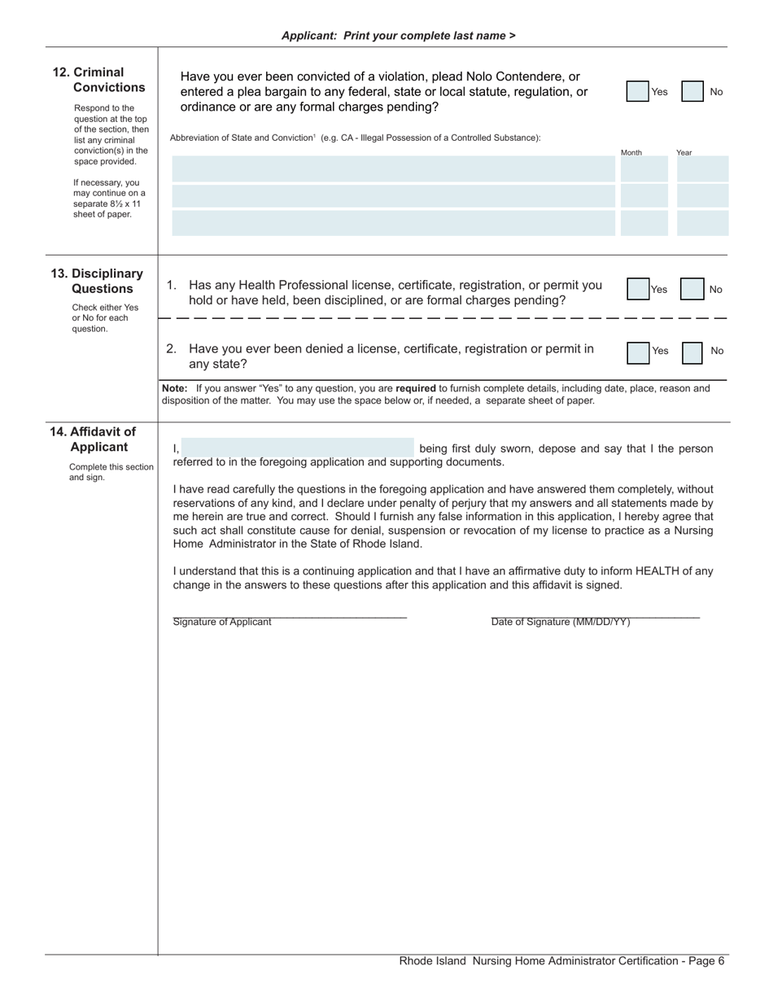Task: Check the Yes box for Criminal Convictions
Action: [637, 92]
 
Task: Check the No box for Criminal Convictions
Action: [692, 92]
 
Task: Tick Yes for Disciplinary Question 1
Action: [638, 289]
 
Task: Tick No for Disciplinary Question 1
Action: [692, 289]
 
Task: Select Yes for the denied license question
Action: [638, 352]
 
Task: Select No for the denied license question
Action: [692, 352]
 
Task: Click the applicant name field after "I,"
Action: [298, 448]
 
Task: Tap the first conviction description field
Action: [393, 169]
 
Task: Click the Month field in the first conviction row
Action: [644, 169]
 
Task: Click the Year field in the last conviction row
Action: [702, 223]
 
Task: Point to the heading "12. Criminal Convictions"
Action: [98, 80]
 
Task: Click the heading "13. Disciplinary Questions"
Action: [97, 281]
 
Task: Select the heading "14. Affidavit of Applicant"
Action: [92, 439]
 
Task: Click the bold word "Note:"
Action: [175, 389]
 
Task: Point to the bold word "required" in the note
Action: [415, 389]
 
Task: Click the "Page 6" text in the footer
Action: [703, 961]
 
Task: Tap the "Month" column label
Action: [631, 153]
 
